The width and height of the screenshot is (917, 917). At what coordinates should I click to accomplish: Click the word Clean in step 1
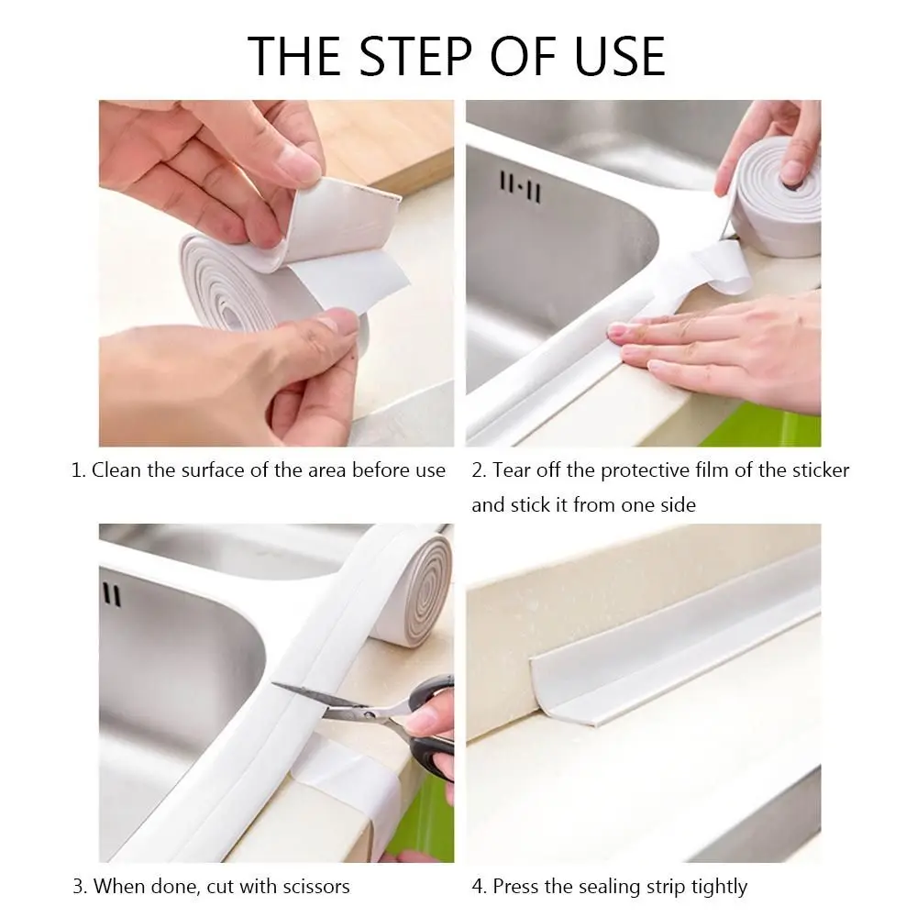pos(117,470)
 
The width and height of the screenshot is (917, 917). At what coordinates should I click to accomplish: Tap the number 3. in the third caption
pos(80,887)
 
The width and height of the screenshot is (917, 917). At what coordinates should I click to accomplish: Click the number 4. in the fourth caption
pos(480,887)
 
